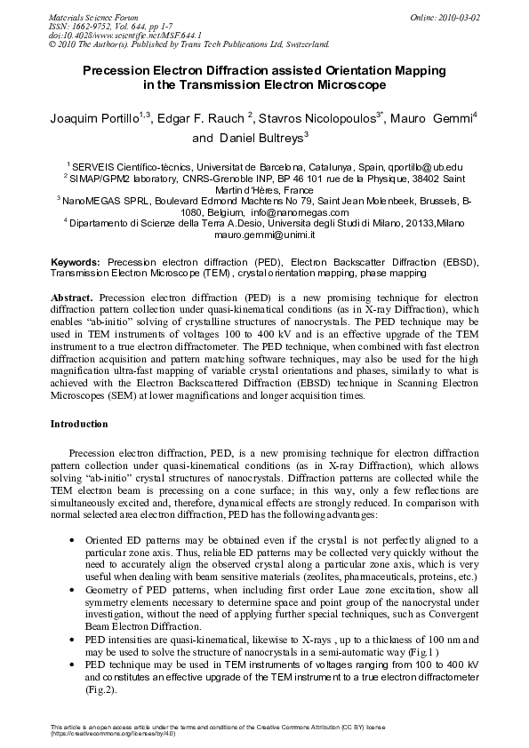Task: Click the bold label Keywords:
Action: pos(77,264)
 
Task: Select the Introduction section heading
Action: pos(79,425)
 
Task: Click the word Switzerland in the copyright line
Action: pos(304,43)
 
